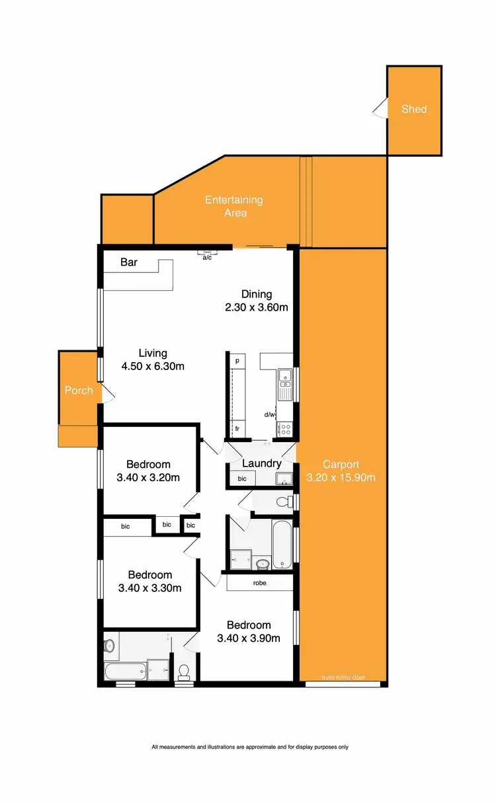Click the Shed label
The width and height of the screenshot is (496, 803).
point(414,109)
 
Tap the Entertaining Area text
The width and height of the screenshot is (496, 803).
point(233,206)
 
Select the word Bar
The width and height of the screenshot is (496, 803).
point(129,262)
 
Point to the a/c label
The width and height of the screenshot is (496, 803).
point(207,257)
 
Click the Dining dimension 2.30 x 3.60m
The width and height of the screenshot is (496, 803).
point(256,307)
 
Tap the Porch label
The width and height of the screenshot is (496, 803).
point(78,391)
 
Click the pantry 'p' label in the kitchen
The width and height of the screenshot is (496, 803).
point(237,361)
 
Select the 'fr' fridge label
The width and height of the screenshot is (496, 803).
point(237,429)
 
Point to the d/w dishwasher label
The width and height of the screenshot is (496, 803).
point(269,415)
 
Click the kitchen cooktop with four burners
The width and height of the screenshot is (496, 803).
point(285,429)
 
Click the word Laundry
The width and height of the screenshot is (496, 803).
point(261,463)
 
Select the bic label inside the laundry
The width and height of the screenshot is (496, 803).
point(242,478)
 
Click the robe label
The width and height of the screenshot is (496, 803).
point(259,584)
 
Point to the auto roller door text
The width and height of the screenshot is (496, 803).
point(343,677)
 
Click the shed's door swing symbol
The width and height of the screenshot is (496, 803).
point(380,109)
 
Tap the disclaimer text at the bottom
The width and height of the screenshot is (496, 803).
point(249,747)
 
